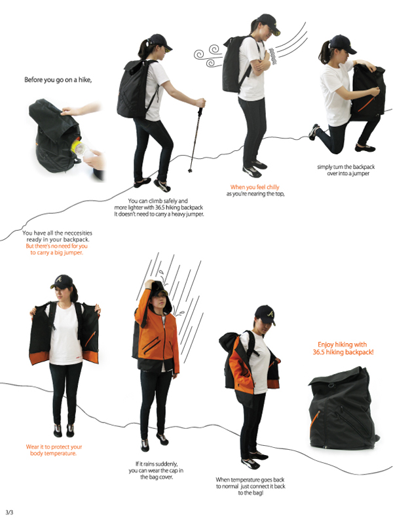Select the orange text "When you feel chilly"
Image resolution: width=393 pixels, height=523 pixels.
coord(255,187)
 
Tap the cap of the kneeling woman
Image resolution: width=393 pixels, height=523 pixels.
coord(343,44)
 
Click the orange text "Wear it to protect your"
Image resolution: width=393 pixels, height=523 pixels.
coord(54,447)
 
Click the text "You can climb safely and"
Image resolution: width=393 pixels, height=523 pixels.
coord(159,201)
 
